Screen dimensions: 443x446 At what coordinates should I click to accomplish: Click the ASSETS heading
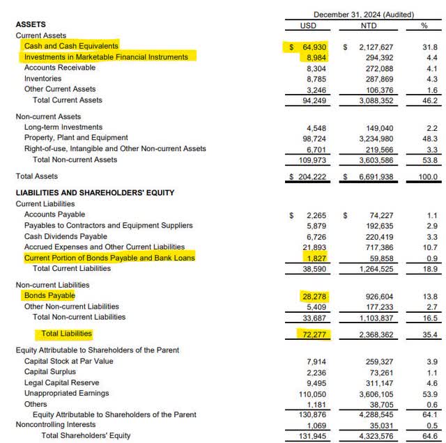pyautogui.click(x=31, y=24)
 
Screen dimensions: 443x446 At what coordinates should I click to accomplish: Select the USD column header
pyautogui.click(x=307, y=24)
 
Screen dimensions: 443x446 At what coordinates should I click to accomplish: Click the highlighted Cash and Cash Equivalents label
pyautogui.click(x=71, y=45)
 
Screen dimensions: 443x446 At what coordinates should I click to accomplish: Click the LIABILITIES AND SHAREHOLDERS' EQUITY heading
pyautogui.click(x=95, y=192)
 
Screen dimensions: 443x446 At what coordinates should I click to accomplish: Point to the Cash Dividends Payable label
pyautogui.click(x=66, y=235)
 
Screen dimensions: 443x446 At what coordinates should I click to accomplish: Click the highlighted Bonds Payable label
pyautogui.click(x=49, y=295)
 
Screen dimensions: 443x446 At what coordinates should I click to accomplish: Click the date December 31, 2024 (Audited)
pyautogui.click(x=363, y=14)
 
